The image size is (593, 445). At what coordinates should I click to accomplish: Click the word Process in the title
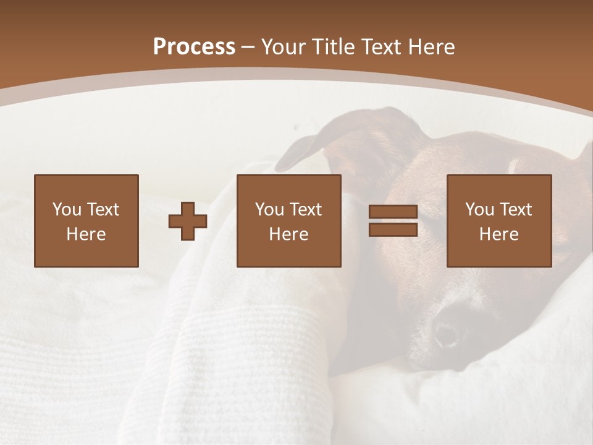[x=194, y=47]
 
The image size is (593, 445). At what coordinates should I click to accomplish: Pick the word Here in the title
[x=433, y=47]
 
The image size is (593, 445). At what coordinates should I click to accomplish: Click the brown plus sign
[x=188, y=221]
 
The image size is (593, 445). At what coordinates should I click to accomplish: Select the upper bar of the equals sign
[x=393, y=211]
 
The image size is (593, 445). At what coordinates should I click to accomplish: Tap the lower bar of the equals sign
[x=393, y=229]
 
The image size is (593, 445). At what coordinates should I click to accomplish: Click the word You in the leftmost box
[x=67, y=210]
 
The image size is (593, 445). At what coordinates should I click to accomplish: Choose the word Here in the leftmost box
[x=86, y=234]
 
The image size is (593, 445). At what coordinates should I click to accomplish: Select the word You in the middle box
[x=269, y=210]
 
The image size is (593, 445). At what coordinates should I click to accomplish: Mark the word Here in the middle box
[x=288, y=234]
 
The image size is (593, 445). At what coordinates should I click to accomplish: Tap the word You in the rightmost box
[x=479, y=210]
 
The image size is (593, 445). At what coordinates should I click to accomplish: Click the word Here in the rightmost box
[x=498, y=234]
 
